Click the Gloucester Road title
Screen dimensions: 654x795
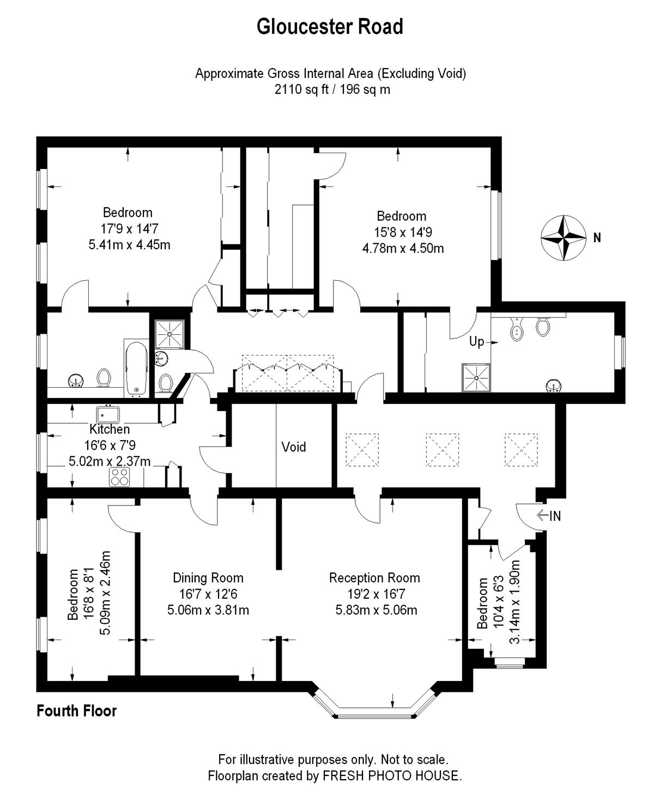coord(330,27)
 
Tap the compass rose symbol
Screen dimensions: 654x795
coord(563,238)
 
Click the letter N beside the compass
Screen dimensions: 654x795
coord(597,238)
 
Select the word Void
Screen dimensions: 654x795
coord(293,447)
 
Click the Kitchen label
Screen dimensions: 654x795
coord(109,429)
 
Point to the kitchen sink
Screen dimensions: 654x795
coord(108,414)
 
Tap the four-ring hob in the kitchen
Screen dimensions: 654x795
coord(119,477)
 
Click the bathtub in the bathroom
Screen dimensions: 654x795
coord(136,369)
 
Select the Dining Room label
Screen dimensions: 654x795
coord(208,578)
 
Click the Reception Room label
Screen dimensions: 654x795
coord(374,578)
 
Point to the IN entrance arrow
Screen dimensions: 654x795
coord(548,515)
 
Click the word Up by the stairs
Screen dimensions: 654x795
coord(476,341)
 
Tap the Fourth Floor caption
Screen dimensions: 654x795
coord(76,711)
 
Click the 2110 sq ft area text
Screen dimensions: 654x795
coord(301,90)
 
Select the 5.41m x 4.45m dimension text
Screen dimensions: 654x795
coord(129,245)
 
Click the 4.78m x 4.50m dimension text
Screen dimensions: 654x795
coord(403,249)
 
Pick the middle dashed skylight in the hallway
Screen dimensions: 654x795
coord(443,450)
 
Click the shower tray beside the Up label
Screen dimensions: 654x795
coord(476,377)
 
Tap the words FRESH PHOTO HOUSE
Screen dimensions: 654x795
coord(392,775)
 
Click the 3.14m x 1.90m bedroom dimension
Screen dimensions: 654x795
coord(514,601)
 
